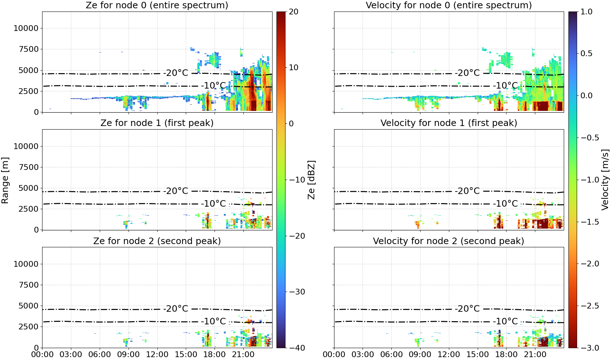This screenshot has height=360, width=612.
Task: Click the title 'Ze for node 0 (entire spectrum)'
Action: [x=157, y=5]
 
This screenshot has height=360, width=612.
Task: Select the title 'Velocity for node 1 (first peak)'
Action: [x=449, y=123]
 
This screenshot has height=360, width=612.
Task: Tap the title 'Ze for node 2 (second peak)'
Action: [x=157, y=241]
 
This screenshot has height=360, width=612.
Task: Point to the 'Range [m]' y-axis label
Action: [x=5, y=180]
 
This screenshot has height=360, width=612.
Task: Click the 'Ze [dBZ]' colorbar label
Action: [x=311, y=180]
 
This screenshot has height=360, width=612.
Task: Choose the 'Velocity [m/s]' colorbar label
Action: [x=605, y=180]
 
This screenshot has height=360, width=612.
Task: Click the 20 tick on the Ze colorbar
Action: [x=294, y=12]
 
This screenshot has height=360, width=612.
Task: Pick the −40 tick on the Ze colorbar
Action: [x=297, y=348]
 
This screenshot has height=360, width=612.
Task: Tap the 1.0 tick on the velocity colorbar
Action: [x=586, y=12]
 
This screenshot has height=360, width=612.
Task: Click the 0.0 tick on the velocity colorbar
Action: [x=586, y=96]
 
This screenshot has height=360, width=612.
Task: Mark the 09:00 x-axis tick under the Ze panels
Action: [x=129, y=355]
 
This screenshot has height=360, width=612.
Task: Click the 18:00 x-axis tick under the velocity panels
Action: [x=506, y=355]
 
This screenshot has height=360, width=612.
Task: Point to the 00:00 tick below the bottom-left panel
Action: [x=42, y=355]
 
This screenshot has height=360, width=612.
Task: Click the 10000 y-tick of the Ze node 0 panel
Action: [x=26, y=28]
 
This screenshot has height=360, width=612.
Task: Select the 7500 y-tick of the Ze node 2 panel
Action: [x=28, y=285]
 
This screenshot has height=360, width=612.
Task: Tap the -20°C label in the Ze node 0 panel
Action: [x=176, y=73]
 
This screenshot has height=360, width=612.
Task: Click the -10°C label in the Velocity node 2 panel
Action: [x=505, y=321]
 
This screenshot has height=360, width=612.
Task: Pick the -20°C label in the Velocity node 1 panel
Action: [x=468, y=191]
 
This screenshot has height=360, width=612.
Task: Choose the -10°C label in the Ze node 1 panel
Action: [x=214, y=203]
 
